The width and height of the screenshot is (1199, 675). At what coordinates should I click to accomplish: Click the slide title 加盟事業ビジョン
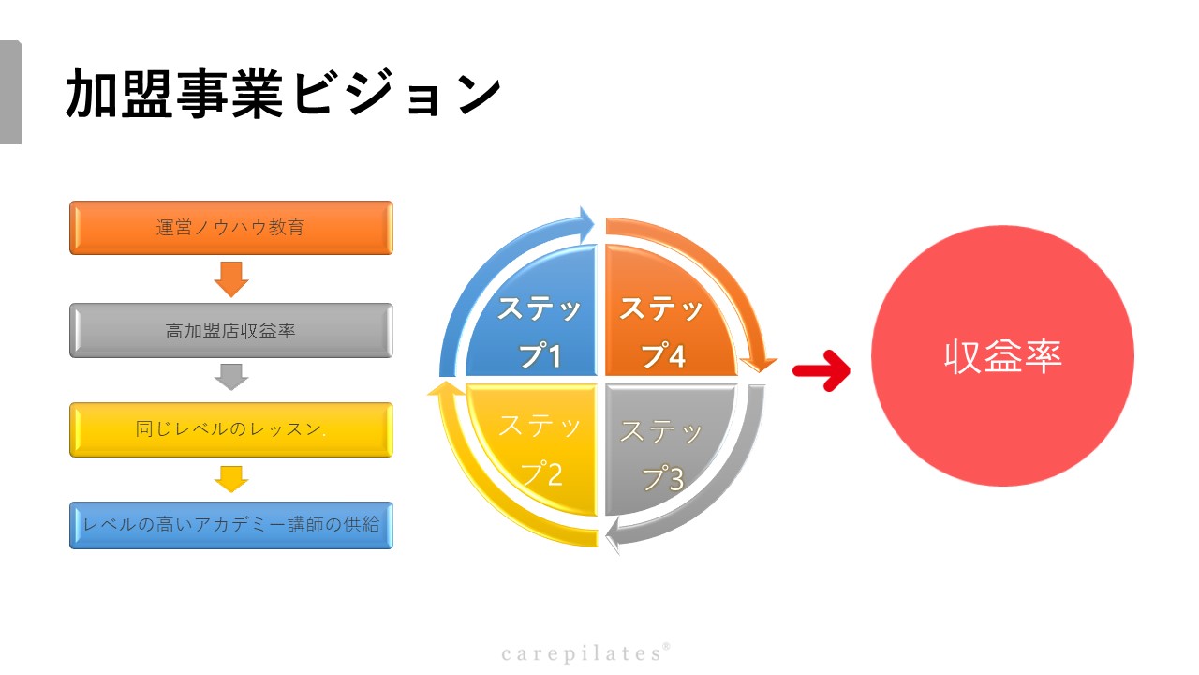point(283,94)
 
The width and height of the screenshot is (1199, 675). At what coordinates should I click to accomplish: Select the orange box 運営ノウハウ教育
point(231,228)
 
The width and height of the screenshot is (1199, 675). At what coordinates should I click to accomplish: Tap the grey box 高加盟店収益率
point(231,331)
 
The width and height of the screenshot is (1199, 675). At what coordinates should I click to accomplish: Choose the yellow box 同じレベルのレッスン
point(231,429)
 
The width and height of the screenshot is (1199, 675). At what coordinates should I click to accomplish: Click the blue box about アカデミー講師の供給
point(231,525)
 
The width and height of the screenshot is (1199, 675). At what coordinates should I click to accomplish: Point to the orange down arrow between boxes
point(231,279)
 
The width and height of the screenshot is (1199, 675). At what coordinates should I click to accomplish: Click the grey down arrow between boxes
point(231,377)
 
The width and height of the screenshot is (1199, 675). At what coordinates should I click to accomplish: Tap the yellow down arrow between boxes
point(231,479)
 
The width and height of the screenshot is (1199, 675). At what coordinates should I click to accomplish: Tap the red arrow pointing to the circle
point(822,370)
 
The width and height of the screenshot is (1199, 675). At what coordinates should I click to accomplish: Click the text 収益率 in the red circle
point(1002,356)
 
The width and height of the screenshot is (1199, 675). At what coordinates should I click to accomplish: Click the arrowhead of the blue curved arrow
point(585,222)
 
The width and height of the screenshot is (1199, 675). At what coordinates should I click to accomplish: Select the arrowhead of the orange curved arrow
point(758,365)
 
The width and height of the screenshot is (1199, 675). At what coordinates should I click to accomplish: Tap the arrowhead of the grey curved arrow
point(613,537)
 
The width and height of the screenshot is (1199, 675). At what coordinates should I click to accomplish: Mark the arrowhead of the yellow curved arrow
point(445,389)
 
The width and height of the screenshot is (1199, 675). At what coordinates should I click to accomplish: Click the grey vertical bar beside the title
point(10,92)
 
